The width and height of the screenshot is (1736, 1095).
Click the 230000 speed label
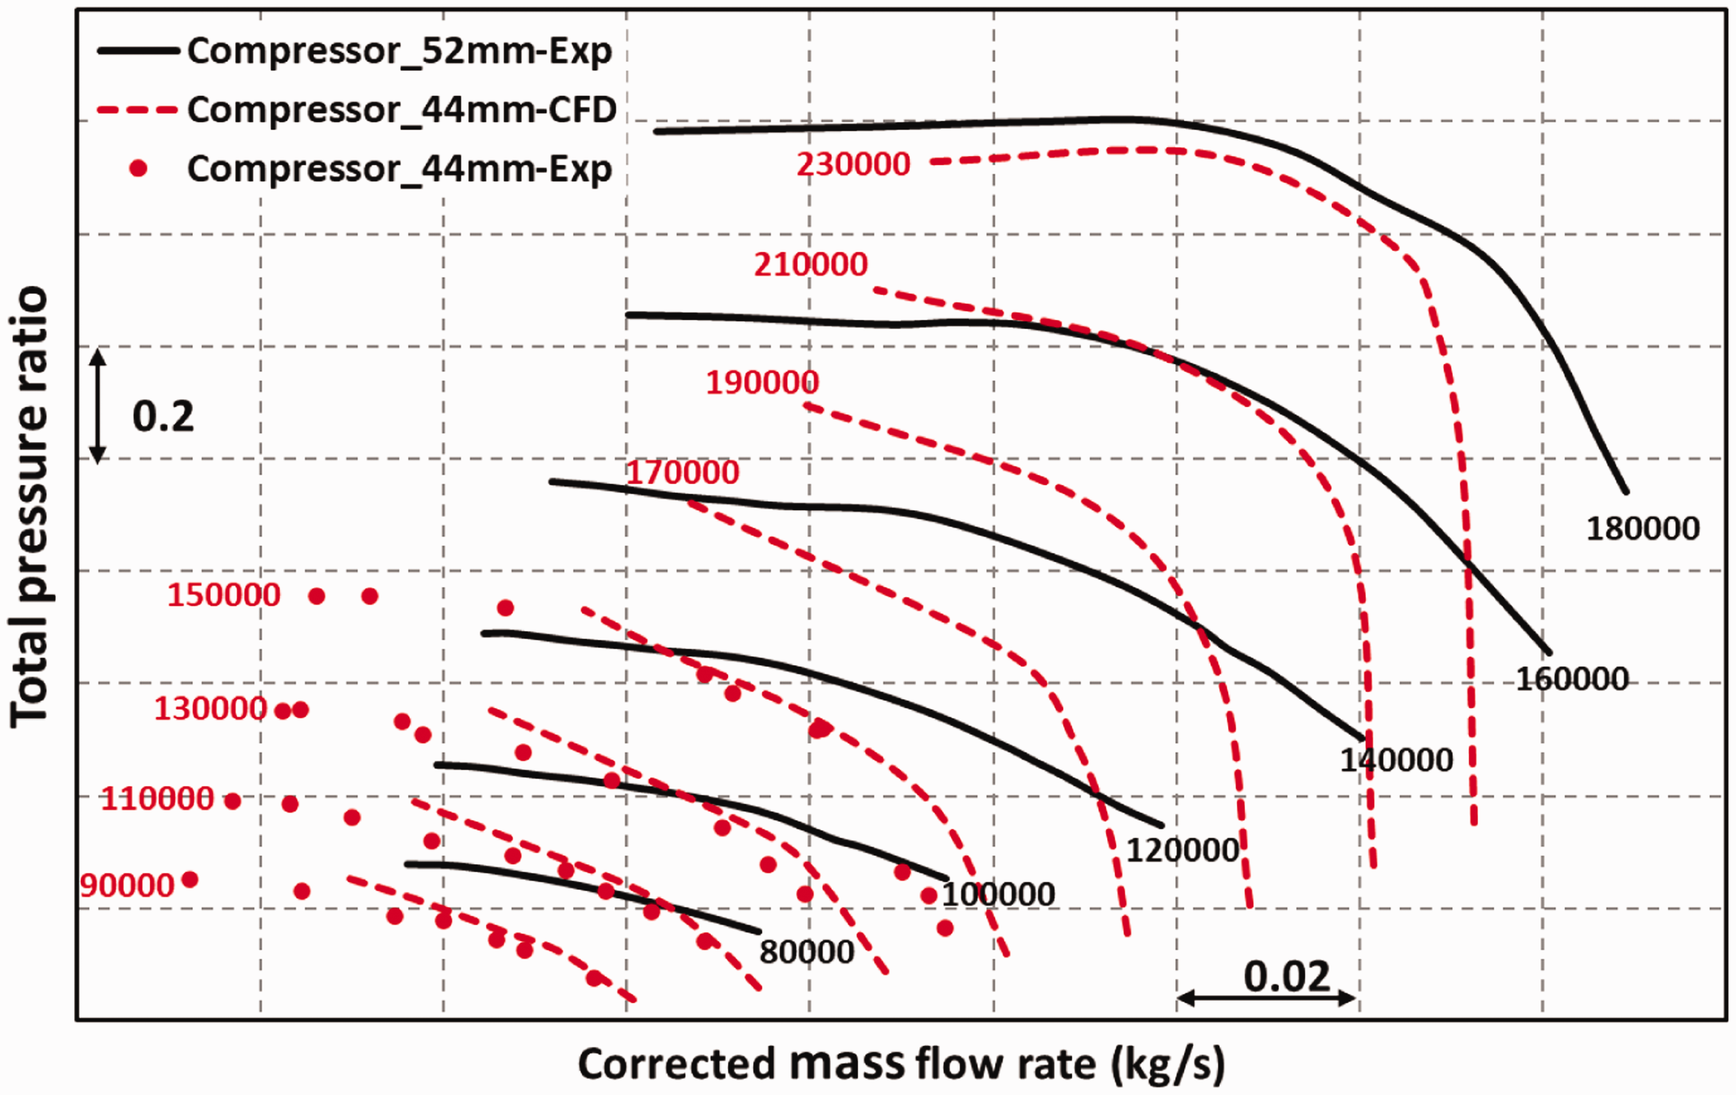(853, 165)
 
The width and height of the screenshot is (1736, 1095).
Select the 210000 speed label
(811, 265)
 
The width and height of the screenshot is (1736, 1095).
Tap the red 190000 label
(763, 383)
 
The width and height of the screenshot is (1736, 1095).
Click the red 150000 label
(224, 596)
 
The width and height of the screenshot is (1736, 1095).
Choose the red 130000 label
(210, 709)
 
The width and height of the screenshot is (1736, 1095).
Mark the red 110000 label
(157, 799)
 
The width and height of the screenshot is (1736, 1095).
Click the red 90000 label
(128, 886)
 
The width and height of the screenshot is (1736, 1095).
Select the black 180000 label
(1643, 529)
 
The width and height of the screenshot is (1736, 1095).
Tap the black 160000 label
(1572, 679)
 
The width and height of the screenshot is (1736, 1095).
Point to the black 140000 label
(1396, 760)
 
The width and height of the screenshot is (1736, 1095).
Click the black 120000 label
(1183, 851)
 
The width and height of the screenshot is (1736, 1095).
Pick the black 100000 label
(998, 895)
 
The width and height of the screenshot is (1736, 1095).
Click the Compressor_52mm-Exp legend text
(400, 51)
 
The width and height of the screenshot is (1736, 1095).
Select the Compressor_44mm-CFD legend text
(402, 110)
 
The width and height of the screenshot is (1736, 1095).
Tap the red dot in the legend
(138, 169)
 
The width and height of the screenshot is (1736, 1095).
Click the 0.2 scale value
(164, 417)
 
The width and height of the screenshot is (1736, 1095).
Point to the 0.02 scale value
(1287, 977)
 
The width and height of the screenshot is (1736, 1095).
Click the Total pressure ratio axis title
(29, 507)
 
